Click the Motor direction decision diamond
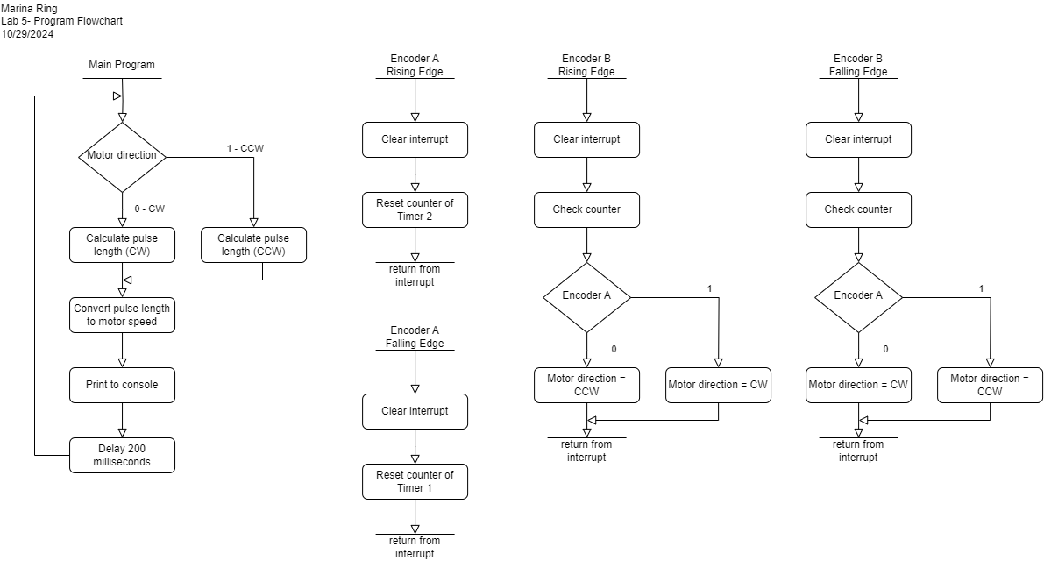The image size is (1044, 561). coord(123,157)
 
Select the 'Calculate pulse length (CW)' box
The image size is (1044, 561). coord(123,245)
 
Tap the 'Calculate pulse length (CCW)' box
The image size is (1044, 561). coord(253,245)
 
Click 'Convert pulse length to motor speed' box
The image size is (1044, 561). coord(123,315)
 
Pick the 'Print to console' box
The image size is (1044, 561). coord(123,386)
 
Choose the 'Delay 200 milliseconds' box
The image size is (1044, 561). coord(123,455)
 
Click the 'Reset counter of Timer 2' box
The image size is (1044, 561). coord(415,209)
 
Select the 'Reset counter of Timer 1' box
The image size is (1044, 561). coord(415,482)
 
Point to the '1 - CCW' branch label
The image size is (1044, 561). coord(245,148)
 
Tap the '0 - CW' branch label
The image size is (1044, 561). coord(149,209)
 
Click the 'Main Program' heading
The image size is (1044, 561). coord(122,65)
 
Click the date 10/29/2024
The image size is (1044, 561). coord(27,34)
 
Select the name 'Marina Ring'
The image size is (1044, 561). coord(29,9)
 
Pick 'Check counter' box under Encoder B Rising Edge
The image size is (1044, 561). coord(586,209)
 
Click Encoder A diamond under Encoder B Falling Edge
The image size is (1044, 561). coord(859,297)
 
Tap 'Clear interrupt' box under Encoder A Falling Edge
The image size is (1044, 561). coord(415,411)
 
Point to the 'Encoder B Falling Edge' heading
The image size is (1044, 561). coord(858,65)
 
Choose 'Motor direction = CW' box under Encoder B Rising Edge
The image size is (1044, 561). coord(719,386)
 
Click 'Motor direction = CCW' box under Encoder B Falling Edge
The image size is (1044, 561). coord(990,386)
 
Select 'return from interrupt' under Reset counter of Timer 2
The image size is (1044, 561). coord(415,275)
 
